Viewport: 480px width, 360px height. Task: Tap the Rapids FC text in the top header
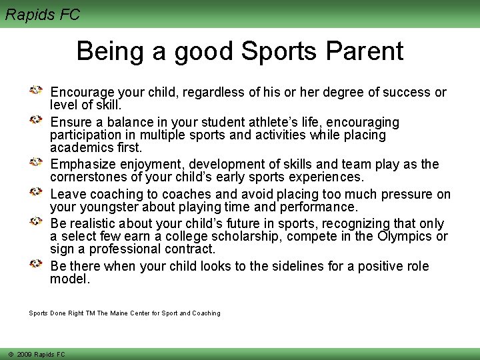43,14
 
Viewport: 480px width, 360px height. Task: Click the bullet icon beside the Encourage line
37,90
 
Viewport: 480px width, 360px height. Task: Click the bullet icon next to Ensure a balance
37,121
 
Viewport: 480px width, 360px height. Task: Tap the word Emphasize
83,165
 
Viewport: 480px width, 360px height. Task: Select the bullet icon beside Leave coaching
37,193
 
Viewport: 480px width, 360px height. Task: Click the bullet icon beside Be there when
37,265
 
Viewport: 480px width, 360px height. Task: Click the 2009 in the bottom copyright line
25,355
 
